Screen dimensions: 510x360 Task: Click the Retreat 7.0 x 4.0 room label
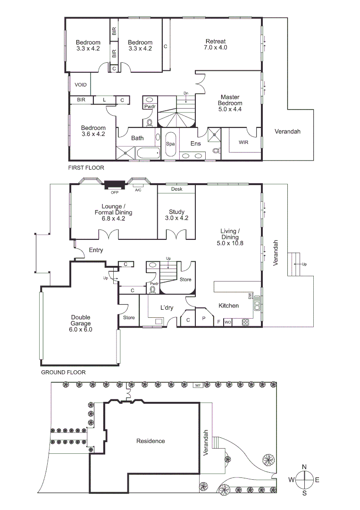click(216, 44)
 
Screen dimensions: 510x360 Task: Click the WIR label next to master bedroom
click(243, 142)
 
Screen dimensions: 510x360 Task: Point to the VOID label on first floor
click(81, 85)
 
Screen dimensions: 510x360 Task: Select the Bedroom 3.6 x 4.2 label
click(93, 131)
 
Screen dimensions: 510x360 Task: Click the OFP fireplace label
click(114, 192)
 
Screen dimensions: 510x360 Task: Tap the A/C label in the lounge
click(138, 190)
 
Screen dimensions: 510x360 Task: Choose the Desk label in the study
click(176, 189)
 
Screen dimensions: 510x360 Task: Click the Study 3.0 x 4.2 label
click(176, 215)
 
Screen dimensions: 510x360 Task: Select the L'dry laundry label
click(167, 307)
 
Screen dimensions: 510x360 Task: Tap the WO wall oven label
click(227, 322)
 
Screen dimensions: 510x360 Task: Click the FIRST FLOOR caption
click(86, 168)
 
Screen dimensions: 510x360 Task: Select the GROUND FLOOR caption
click(63, 372)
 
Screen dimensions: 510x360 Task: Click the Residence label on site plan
click(151, 441)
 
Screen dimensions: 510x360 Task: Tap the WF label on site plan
click(198, 386)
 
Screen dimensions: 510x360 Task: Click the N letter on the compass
click(304, 467)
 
